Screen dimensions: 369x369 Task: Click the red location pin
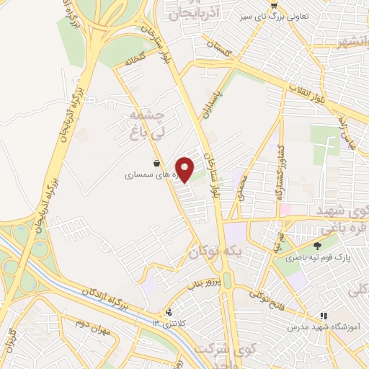(185, 170)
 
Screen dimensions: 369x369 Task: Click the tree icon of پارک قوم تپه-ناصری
(317, 246)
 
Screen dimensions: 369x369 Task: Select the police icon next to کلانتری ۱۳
(169, 312)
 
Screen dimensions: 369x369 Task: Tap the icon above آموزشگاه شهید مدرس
(324, 316)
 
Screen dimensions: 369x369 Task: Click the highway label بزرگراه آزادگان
(98, 295)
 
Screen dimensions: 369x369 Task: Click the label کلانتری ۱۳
(191, 321)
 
